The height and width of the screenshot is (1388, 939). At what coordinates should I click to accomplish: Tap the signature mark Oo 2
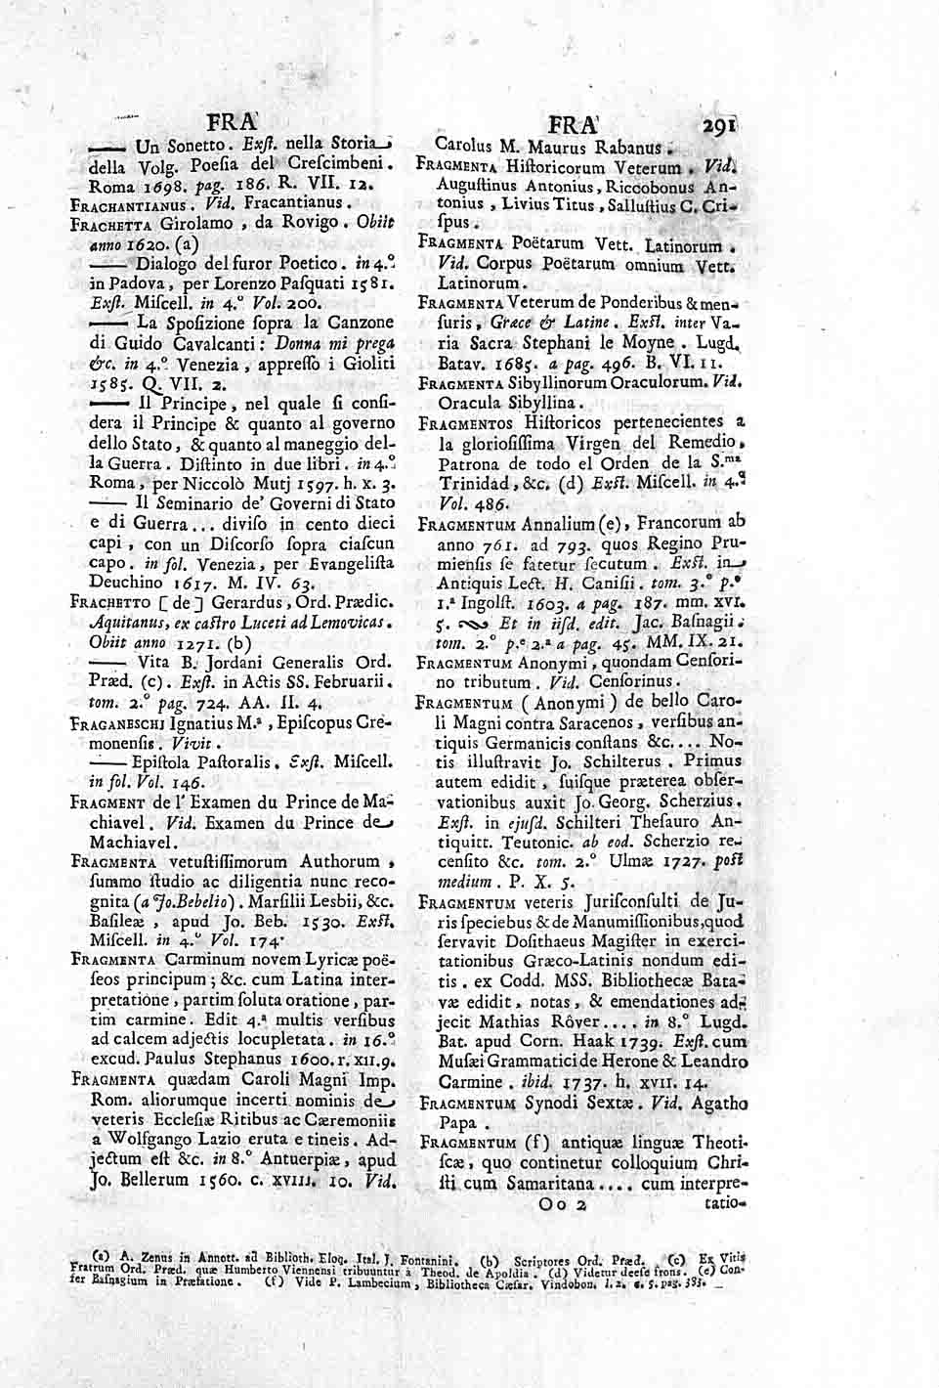(561, 1208)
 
